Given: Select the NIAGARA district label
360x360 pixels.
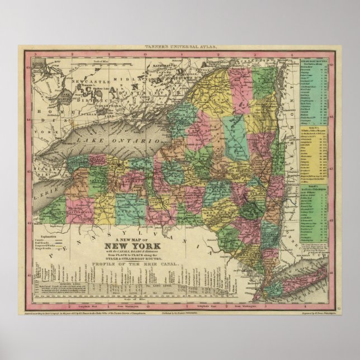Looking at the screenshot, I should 44,168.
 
